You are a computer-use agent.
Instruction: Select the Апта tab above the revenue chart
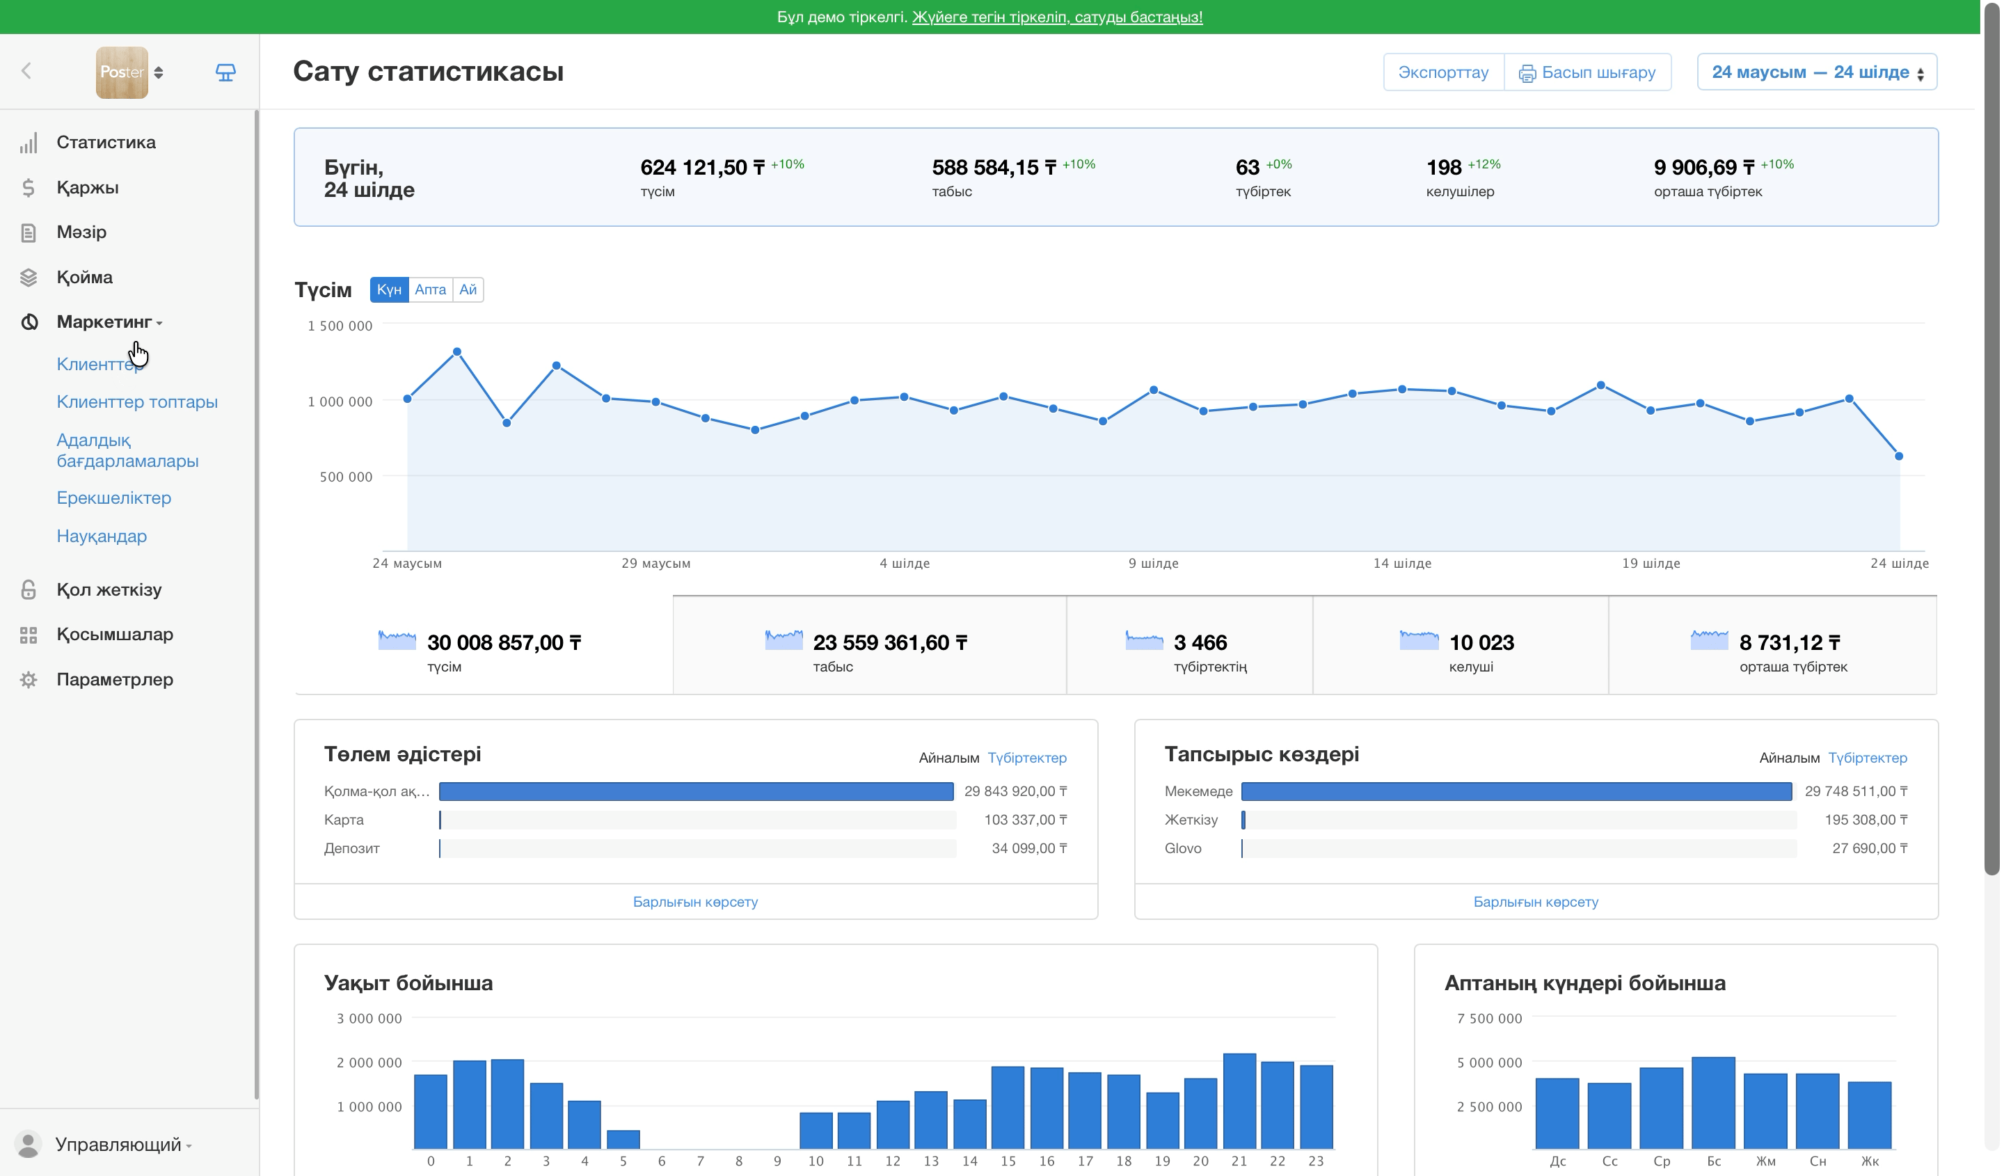(431, 289)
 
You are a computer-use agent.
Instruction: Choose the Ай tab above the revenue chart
(468, 289)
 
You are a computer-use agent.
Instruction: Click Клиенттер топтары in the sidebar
(138, 402)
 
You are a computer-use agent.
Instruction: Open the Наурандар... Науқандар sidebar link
(102, 537)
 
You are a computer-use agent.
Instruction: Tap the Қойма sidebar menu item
(85, 278)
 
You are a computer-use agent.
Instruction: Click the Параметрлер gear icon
(29, 680)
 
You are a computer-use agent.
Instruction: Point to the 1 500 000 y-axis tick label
(340, 326)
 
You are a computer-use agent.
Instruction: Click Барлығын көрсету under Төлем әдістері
(696, 903)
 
